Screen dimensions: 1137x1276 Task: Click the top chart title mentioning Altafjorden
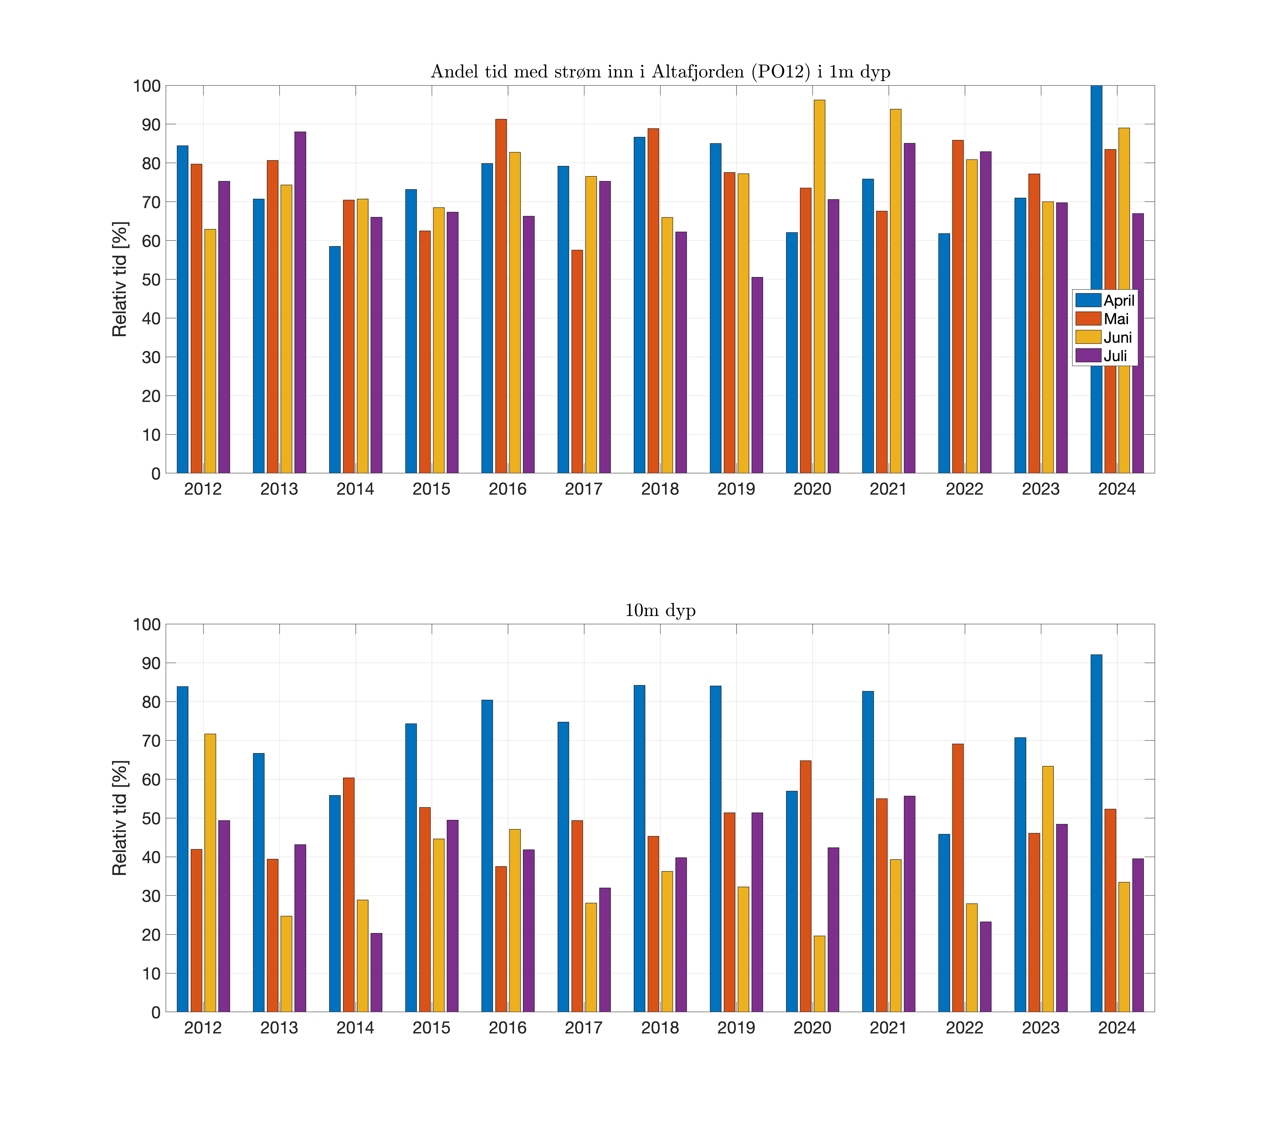tap(660, 72)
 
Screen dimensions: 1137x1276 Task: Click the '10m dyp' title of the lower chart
tap(660, 610)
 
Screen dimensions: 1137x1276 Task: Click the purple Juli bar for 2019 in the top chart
tap(757, 375)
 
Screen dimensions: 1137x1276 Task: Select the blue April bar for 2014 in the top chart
tap(335, 359)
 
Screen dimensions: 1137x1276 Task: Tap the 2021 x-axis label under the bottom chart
tap(888, 1028)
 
